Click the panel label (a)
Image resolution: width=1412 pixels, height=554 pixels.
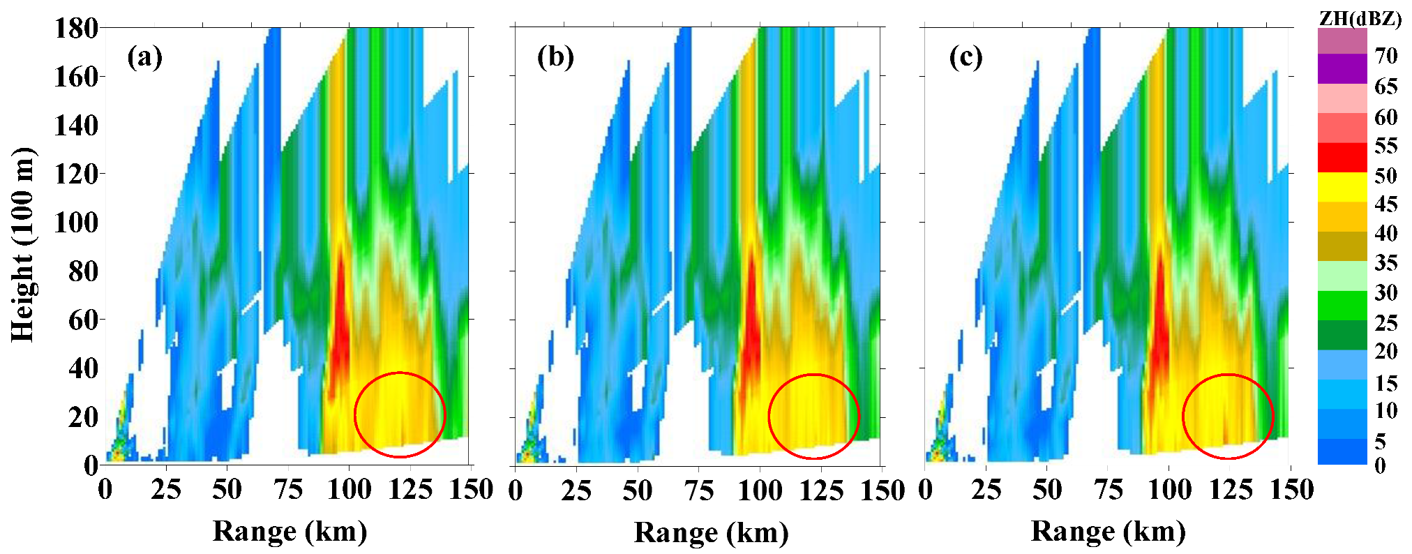144,57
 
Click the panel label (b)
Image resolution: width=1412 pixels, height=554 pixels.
555,57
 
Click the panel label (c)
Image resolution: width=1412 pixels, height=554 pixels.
966,57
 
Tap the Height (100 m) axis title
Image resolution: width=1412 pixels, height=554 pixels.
23,244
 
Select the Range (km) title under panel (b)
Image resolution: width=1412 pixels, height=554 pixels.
711,533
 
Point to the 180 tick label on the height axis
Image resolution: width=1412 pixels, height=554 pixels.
76,28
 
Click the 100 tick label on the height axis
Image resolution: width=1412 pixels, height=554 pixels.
76,223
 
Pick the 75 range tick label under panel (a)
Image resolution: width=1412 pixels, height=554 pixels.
288,490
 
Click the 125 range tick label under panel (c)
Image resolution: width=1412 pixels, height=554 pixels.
1231,490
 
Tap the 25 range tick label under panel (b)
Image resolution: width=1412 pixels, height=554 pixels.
576,490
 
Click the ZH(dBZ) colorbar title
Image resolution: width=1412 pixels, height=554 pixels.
1360,19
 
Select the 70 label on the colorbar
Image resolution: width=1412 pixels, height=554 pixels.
1385,55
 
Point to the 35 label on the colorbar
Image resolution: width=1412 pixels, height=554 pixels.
1385,263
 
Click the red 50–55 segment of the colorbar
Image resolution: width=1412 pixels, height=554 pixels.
1342,158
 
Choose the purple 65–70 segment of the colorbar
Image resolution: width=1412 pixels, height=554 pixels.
1342,69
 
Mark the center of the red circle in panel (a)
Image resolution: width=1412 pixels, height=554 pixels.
400,415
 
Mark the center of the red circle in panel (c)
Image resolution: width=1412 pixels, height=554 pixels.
1228,417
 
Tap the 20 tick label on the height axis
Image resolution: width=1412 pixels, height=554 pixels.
83,417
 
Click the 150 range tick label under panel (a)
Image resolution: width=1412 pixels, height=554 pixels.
472,490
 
